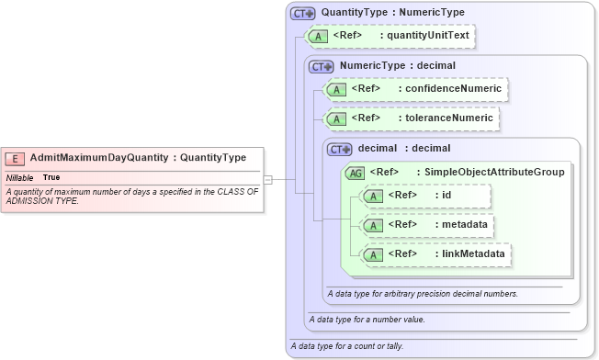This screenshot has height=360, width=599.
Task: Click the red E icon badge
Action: point(17,158)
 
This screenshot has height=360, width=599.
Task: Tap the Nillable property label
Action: point(20,177)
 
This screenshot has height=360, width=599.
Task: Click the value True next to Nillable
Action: point(51,177)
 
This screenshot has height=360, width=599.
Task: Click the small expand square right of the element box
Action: point(268,179)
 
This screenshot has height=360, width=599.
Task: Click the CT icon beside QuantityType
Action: point(302,14)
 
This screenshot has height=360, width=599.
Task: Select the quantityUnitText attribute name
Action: point(428,36)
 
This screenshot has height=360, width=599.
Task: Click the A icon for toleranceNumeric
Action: point(337,119)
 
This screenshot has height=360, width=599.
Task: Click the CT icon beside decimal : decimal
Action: point(340,149)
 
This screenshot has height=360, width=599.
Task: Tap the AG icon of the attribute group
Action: point(355,173)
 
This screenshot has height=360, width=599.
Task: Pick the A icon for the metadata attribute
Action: point(374,225)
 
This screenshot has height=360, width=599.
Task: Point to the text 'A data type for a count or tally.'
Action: point(346,346)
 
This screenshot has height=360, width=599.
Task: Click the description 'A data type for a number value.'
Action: point(367,320)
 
